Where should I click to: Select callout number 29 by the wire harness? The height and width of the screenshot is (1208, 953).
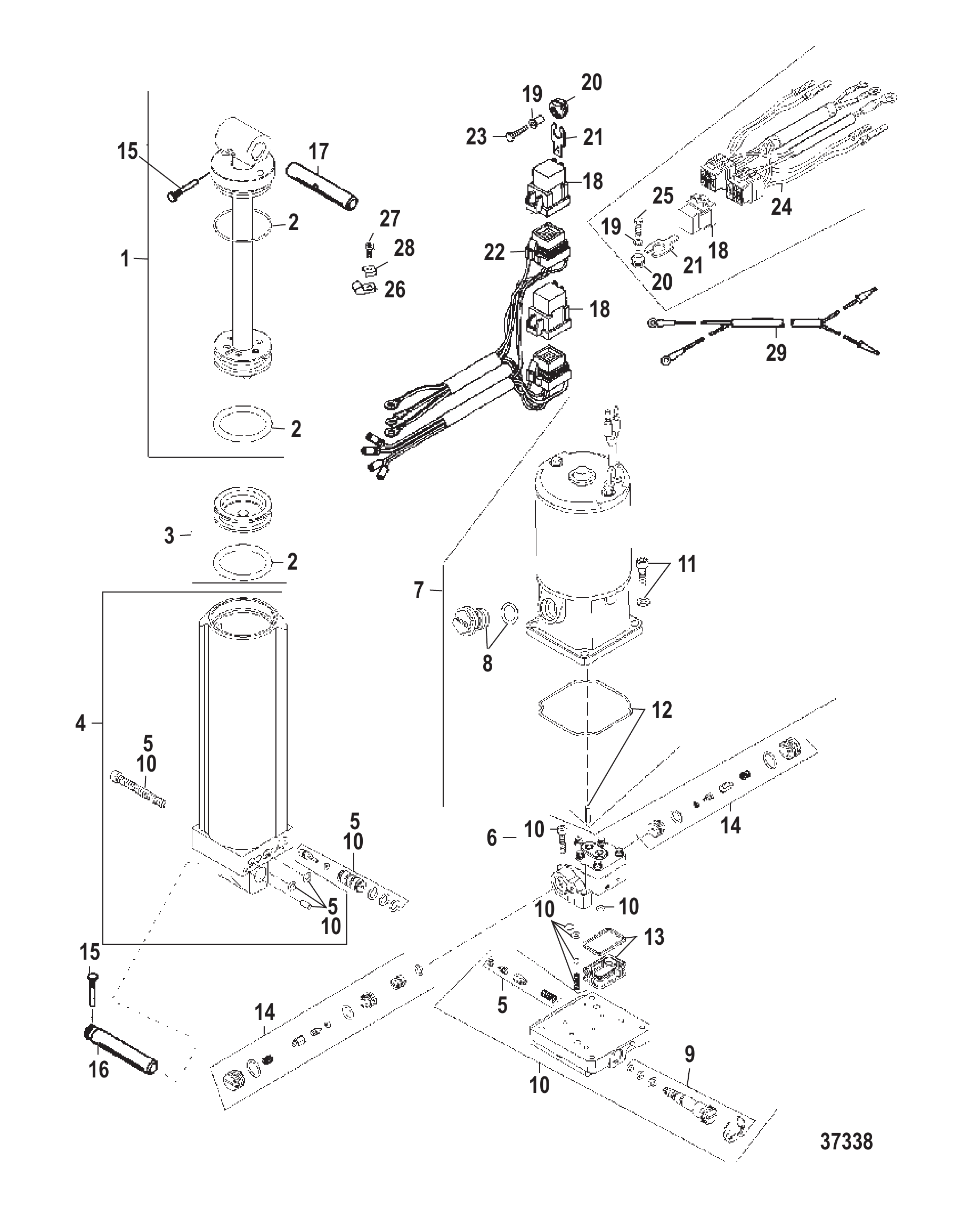[776, 353]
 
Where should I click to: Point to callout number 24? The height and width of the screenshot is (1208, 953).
[781, 207]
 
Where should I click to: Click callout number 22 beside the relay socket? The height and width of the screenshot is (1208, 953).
[494, 253]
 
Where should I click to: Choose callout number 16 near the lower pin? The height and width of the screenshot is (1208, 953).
[99, 1069]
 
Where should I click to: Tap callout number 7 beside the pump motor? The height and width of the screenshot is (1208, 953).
[419, 590]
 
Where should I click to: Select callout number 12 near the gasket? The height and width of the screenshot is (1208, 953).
[662, 710]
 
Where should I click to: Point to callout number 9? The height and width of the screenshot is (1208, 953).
[690, 1055]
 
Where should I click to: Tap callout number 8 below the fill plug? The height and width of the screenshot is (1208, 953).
[487, 664]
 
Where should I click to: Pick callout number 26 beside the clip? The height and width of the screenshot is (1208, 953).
[395, 290]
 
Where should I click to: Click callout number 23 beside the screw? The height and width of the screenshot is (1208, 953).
[476, 137]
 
